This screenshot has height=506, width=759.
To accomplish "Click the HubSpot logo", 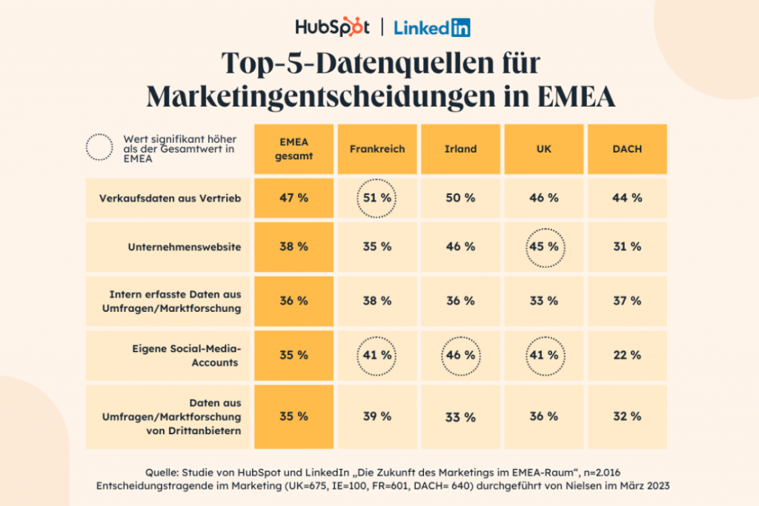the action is click(332, 27).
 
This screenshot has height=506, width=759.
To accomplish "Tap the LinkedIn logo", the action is click(432, 27).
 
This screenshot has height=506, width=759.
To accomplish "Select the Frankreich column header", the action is click(377, 149).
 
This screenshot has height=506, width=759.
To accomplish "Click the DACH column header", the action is click(627, 149).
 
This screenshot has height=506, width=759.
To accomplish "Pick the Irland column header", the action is click(460, 149).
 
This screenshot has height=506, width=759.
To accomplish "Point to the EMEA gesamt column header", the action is click(294, 149).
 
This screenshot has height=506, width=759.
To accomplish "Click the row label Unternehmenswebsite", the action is click(185, 247).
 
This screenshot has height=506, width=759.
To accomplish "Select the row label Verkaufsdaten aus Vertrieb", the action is click(170, 199).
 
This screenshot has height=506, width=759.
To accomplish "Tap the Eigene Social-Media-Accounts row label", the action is click(186, 356).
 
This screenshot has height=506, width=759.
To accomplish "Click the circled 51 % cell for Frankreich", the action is click(377, 199).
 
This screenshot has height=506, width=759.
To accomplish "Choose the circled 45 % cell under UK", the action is click(545, 247).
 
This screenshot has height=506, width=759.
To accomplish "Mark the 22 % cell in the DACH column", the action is click(627, 355).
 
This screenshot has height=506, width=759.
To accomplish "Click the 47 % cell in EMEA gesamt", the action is click(294, 198).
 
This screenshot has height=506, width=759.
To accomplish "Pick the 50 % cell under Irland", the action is click(460, 198).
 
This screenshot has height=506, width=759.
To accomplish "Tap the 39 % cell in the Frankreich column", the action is click(377, 416).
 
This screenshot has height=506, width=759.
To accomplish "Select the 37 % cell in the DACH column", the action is click(627, 301).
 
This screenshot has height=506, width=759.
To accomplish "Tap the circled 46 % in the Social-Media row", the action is click(461, 356).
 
